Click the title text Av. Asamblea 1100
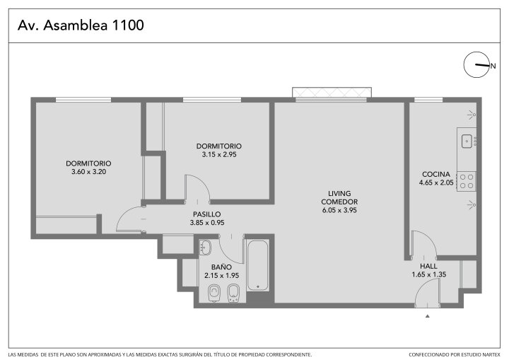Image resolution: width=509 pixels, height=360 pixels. tap(81, 25)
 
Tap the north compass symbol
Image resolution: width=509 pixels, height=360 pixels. tap(476, 64)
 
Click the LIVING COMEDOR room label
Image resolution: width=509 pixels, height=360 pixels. tap(339, 197)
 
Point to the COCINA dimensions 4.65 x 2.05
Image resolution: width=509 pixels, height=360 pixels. tap(436, 182)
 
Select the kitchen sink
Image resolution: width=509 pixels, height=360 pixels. tap(467, 141)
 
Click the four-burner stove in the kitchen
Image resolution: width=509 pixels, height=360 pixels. tap(467, 181)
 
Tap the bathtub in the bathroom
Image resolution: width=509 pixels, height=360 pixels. tap(258, 265)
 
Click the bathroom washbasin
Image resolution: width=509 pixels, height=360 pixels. tap(205, 248)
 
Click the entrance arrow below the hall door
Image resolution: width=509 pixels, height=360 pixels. tap(428, 316)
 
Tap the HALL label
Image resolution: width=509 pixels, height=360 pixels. tap(428, 266)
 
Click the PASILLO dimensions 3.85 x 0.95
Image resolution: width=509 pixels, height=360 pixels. tap(207, 223)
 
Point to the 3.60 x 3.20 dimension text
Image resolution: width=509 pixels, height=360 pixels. tap(88, 172)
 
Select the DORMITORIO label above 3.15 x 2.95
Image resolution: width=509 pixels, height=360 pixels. tap(218, 146)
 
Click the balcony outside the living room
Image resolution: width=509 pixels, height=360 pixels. tap(332, 92)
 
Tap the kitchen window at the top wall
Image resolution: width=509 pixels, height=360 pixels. tap(428, 100)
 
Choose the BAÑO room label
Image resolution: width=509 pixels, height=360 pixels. tap(221, 267)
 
